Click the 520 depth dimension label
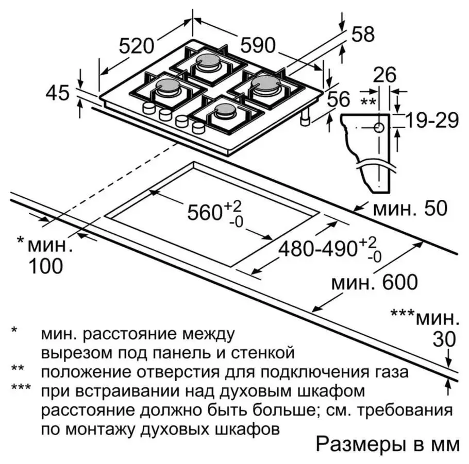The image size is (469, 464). click(137, 46)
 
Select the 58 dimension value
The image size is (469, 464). click(363, 35)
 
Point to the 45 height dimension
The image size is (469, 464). click(57, 93)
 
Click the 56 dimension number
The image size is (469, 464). click(338, 99)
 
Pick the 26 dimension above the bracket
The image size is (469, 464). click(384, 75)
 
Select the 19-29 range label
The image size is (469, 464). click(431, 121)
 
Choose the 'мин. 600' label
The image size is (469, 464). click(374, 282)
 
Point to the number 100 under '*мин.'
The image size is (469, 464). click(46, 266)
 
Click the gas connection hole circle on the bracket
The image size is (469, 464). click(379, 128)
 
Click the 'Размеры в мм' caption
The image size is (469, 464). click(387, 444)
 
